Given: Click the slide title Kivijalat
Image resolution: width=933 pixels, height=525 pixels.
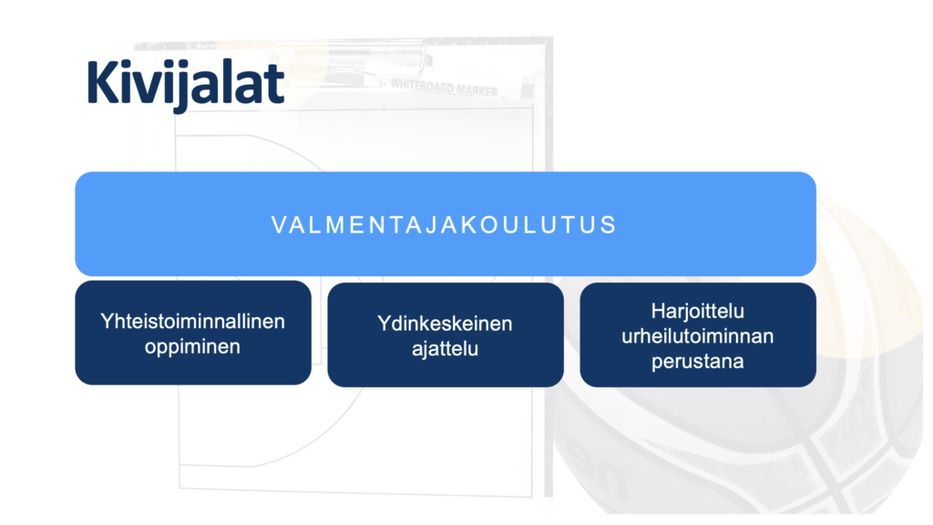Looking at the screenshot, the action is point(186,85).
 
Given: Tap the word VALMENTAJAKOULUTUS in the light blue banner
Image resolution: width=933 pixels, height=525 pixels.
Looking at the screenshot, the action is point(445,225).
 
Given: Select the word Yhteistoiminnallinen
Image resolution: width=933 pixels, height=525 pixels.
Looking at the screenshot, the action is point(192,322).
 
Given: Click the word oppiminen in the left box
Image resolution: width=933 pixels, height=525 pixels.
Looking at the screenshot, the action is point(192,346).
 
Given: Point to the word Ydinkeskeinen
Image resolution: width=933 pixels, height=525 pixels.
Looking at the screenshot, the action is point(445,324).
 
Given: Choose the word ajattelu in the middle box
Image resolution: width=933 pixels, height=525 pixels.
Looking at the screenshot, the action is point(445,349).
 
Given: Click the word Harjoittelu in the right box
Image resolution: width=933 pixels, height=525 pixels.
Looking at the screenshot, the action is point(697,312).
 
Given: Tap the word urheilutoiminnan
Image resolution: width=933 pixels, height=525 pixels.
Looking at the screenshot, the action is point(697,336).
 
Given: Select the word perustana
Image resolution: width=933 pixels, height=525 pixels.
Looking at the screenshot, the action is point(697,361).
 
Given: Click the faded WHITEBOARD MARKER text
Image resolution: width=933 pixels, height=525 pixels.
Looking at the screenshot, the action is point(444,88).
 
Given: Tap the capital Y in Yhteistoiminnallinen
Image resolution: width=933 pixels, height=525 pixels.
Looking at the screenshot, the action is point(108,321).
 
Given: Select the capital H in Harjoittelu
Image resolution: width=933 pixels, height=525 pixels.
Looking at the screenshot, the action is point(658,311).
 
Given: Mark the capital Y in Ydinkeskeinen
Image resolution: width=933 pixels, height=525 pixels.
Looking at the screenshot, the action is point(384,324).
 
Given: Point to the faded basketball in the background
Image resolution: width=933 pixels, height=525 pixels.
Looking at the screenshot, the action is point(738,357).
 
